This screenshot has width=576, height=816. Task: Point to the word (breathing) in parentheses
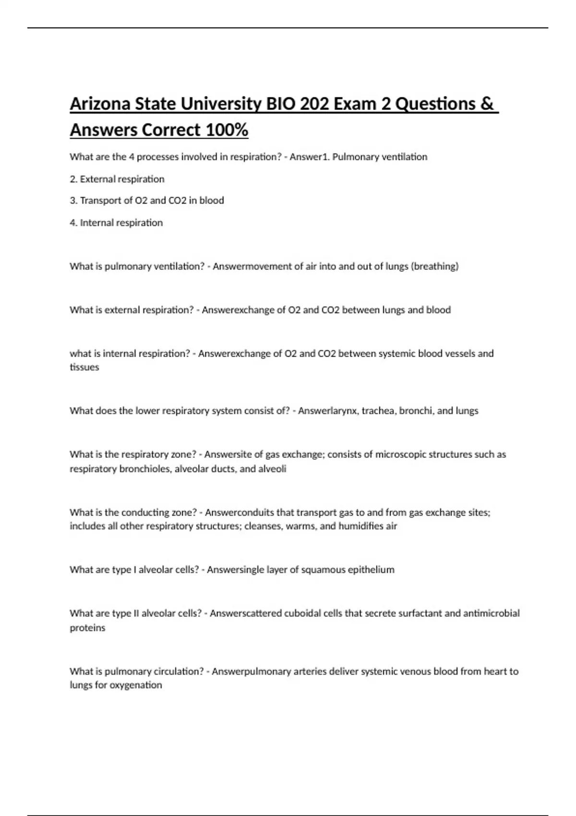point(435,266)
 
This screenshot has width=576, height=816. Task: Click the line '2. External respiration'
point(117,179)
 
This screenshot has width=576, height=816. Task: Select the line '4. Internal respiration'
point(116,223)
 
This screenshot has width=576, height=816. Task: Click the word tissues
point(84,367)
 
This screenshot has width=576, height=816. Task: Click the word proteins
point(87,628)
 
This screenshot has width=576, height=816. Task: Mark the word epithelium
point(371,570)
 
